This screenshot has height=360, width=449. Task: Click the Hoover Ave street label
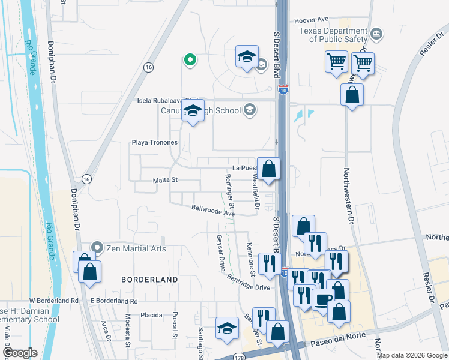312,20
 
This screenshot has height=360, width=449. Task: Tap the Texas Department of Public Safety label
337,35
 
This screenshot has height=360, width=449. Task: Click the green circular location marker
190,59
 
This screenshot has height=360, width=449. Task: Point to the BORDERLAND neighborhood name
149,280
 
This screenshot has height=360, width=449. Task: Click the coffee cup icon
323,299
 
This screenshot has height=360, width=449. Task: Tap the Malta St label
166,179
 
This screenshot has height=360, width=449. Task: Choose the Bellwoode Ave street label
212,211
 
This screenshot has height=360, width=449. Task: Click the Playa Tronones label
155,142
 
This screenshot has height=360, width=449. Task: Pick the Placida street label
151,315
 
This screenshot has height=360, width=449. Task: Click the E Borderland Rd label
113,301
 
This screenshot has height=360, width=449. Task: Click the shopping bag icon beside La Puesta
270,169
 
